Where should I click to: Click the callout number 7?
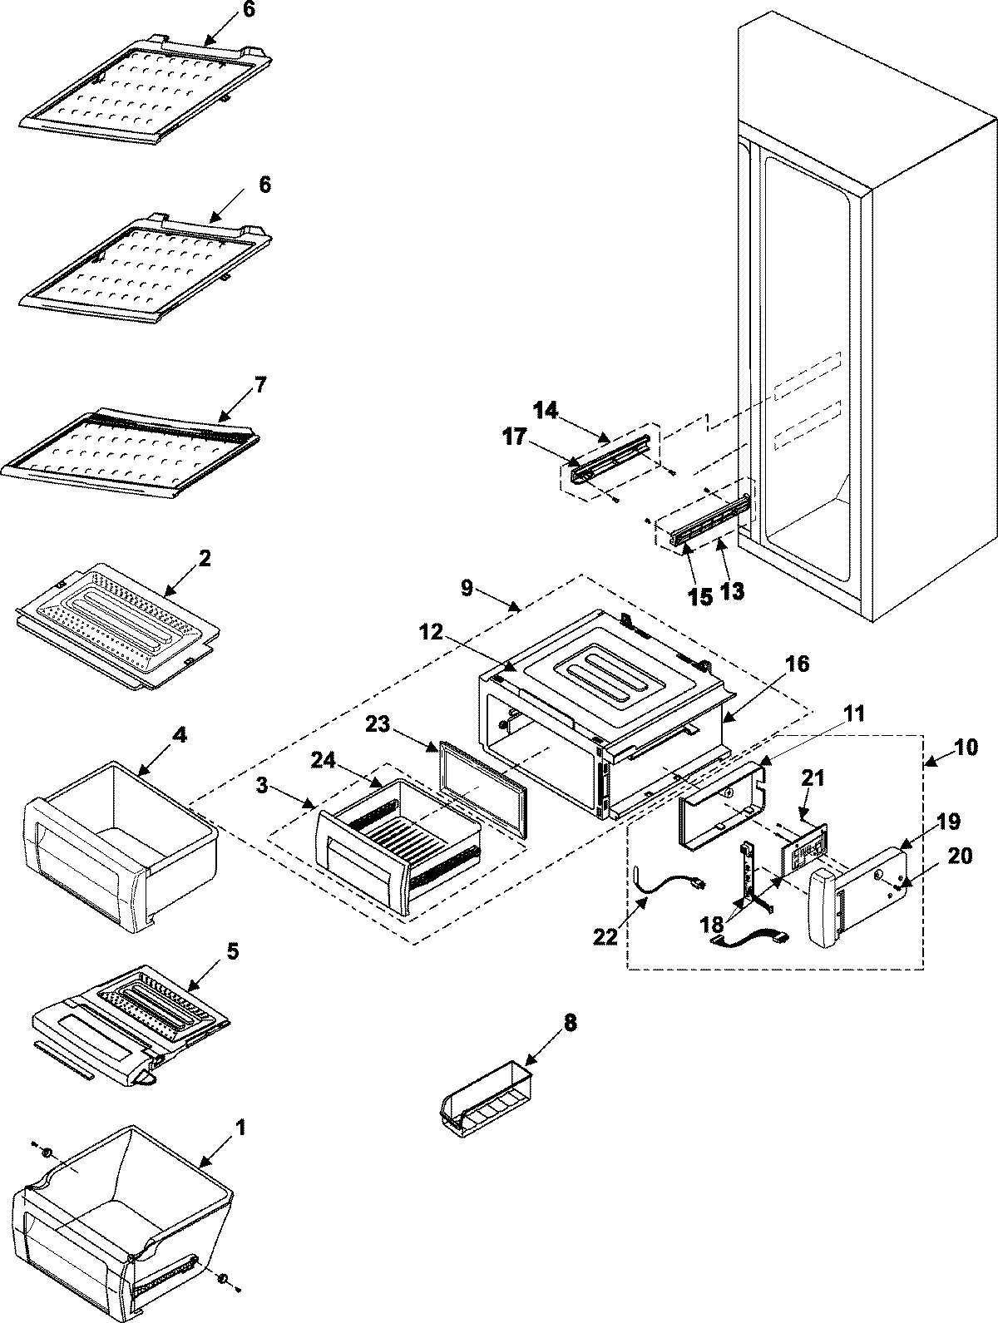260,385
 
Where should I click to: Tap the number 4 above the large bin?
180,734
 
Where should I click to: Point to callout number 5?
233,950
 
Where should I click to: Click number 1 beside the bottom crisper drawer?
240,1128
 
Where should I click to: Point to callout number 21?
813,778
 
